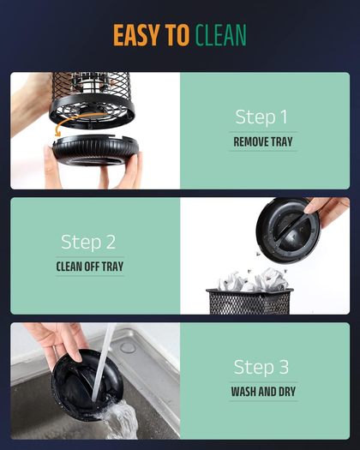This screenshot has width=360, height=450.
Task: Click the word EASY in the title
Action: coord(136,35)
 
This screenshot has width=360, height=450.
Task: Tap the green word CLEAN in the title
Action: coord(221,35)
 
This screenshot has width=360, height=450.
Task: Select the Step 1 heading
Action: coord(261,117)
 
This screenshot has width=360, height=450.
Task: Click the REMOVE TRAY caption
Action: coord(263,141)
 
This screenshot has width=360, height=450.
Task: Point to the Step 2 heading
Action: coord(88,242)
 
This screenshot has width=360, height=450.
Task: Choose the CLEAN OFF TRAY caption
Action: coord(90,267)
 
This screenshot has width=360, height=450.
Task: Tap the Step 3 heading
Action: coord(261,367)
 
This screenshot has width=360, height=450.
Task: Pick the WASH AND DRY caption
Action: coord(263,392)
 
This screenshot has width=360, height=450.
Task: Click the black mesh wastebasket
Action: coord(249,302)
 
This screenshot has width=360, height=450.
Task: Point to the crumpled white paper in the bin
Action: coord(253,280)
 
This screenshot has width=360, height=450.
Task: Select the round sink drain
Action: coord(128,347)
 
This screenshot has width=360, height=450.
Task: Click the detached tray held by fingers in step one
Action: coord(96,149)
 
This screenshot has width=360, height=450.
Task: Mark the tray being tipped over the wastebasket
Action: coord(288,230)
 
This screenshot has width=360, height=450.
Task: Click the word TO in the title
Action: coord(177,35)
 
